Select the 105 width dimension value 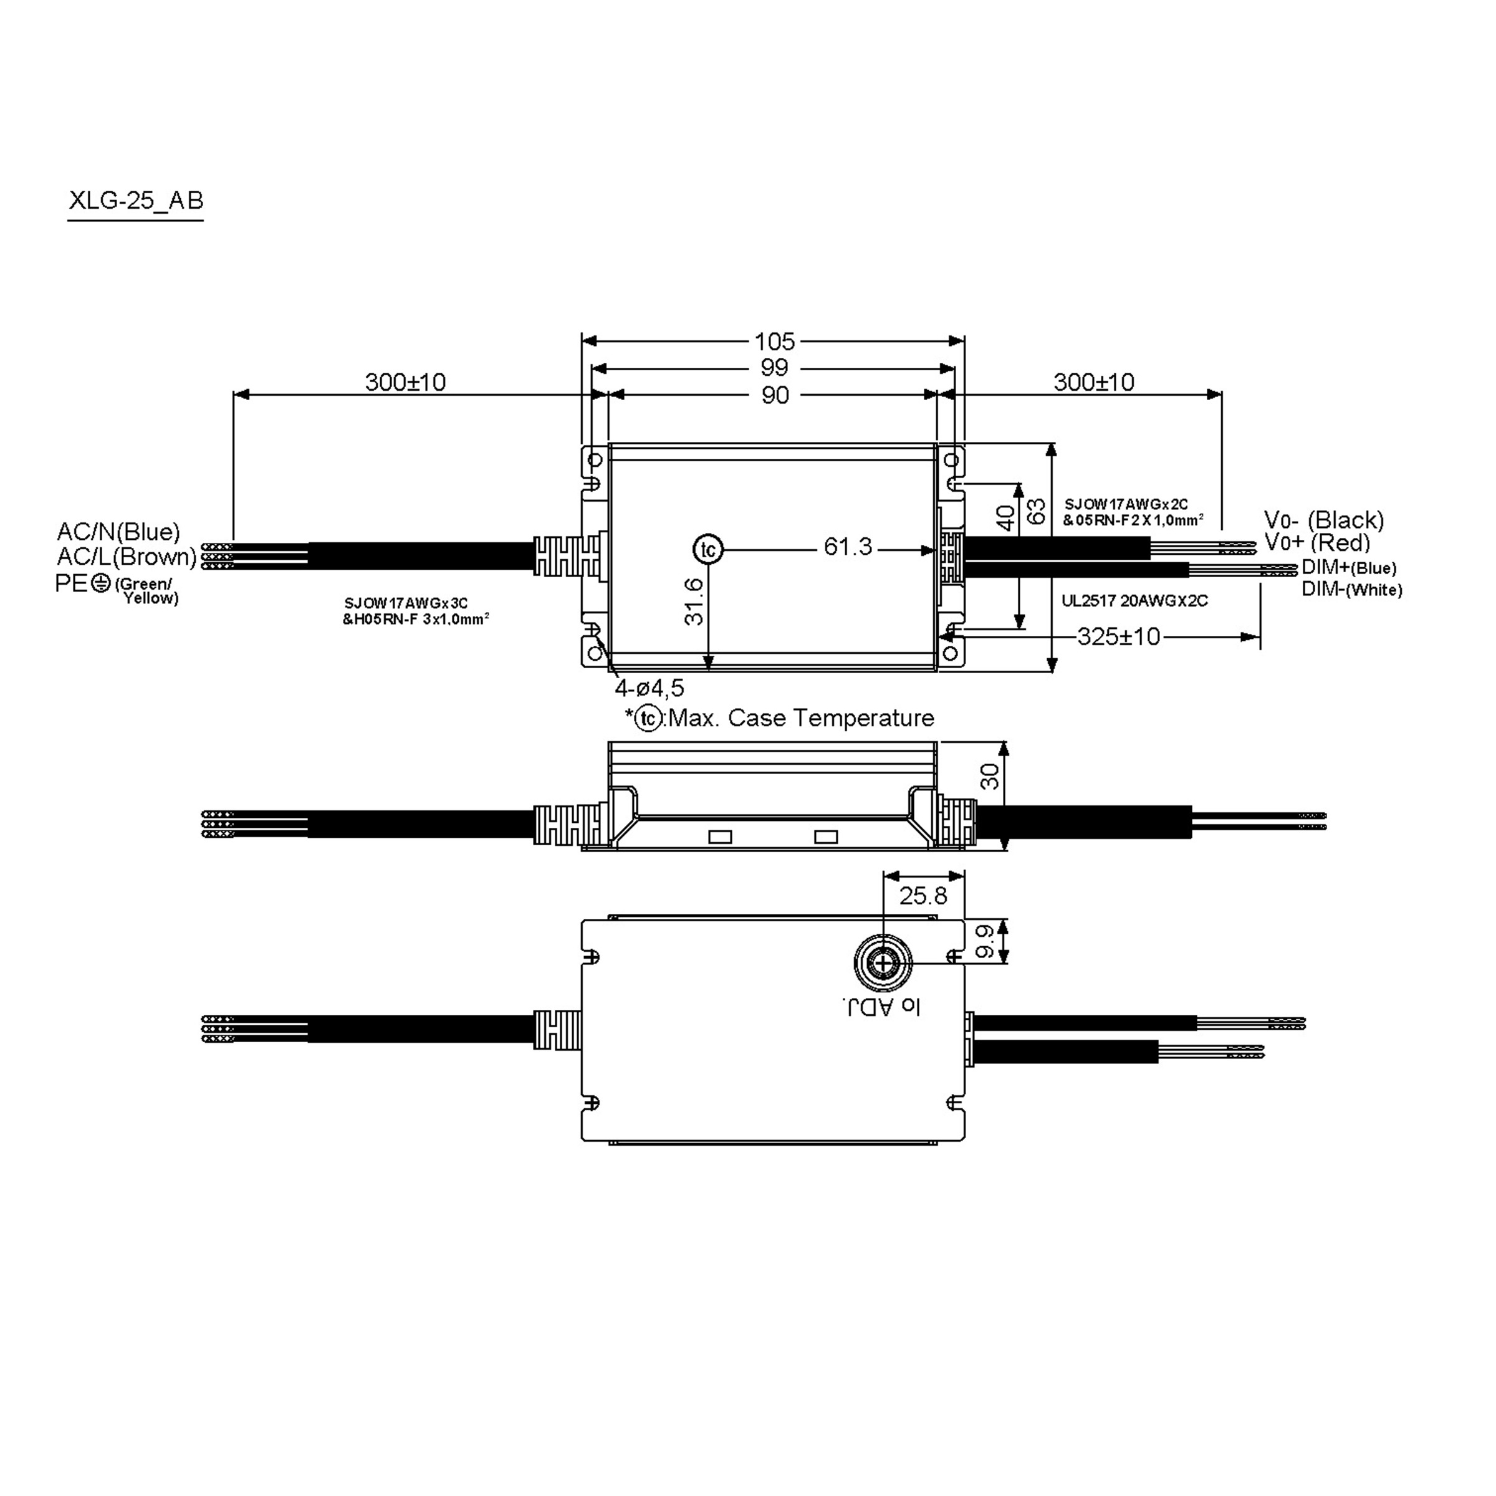coord(774,342)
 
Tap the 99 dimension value coord(774,368)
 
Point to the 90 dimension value coord(774,396)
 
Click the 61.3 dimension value coord(847,547)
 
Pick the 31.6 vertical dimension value coord(694,602)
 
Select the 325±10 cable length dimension coord(1118,637)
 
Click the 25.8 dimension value coord(923,896)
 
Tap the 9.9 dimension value coord(984,941)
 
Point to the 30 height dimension coord(990,777)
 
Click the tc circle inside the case coord(707,550)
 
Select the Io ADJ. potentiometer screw coord(883,963)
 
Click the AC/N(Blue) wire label coord(118,532)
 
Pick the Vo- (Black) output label coord(1323,520)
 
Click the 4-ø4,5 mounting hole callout coord(649,688)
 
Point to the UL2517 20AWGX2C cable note coord(1134,601)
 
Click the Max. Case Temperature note coord(800,718)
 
